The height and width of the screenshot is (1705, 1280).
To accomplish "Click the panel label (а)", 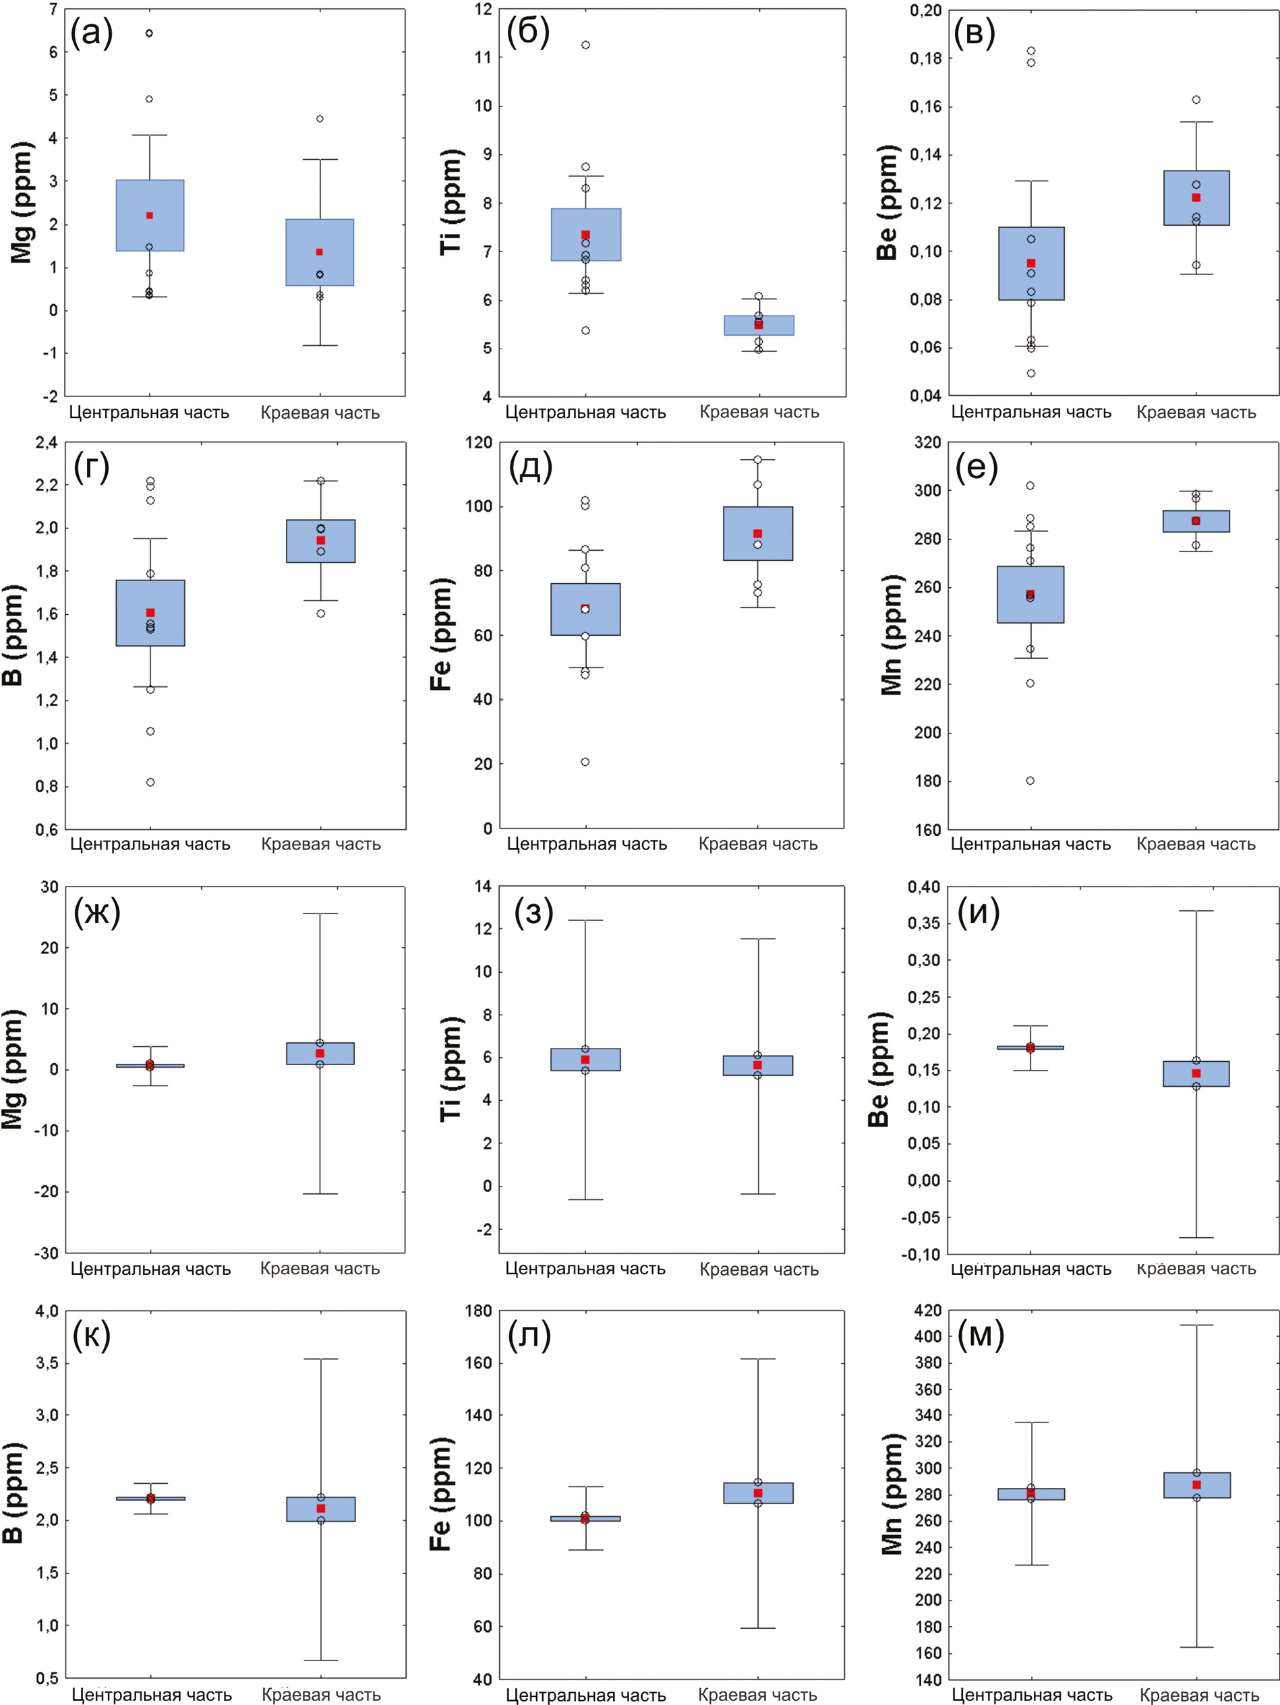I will click(92, 33).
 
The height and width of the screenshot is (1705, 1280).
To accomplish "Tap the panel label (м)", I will click(980, 1334).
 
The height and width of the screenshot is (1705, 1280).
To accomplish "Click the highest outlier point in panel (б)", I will click(586, 45).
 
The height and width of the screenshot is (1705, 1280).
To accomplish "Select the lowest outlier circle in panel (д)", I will click(585, 762).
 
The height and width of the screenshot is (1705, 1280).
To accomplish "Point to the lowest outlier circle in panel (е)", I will click(1030, 781).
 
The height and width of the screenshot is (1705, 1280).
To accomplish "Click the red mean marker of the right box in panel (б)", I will click(759, 324).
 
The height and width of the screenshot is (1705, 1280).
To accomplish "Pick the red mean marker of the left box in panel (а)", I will click(150, 216).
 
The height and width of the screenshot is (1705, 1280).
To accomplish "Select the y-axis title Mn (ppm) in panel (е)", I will click(892, 635).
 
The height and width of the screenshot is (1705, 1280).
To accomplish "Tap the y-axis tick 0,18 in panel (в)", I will click(925, 59).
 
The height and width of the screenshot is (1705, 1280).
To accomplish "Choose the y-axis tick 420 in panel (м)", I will click(927, 1311).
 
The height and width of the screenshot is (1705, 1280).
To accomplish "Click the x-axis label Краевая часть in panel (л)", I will click(757, 1694).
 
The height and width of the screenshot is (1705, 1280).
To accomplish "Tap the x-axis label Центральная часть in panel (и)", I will click(1031, 1269).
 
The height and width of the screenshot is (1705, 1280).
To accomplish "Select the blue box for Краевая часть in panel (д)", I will click(758, 533).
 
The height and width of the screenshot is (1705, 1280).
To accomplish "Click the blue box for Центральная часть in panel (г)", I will click(150, 614).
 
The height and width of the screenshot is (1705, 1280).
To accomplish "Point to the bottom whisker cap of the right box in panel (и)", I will click(1196, 1238).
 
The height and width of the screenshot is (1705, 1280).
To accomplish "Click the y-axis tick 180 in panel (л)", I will click(479, 1311).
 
